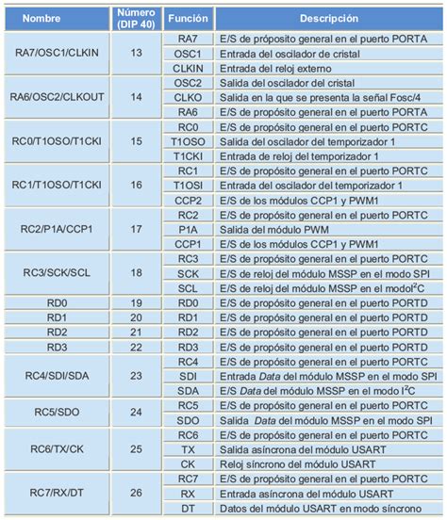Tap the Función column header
187,18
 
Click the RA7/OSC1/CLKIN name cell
57,53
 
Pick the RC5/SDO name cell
57,411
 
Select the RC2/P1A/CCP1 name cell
57,228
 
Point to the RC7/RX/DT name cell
57,491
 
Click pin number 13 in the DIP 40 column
136,53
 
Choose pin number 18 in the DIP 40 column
136,272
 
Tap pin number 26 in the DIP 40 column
136,491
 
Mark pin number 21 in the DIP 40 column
136,332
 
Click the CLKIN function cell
187,67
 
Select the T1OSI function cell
187,185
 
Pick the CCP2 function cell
187,199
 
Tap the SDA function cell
187,389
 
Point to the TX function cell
187,447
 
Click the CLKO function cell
187,96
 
